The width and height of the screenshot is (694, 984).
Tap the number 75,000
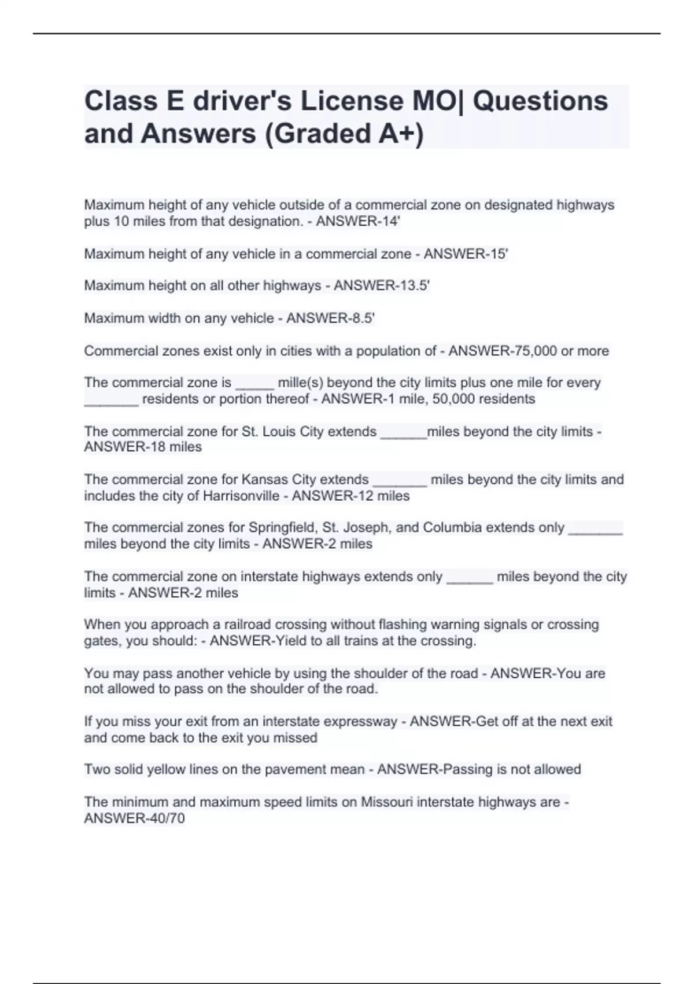click(x=531, y=351)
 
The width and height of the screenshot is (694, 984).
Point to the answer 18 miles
click(x=169, y=447)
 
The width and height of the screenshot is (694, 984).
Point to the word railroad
click(x=248, y=625)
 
